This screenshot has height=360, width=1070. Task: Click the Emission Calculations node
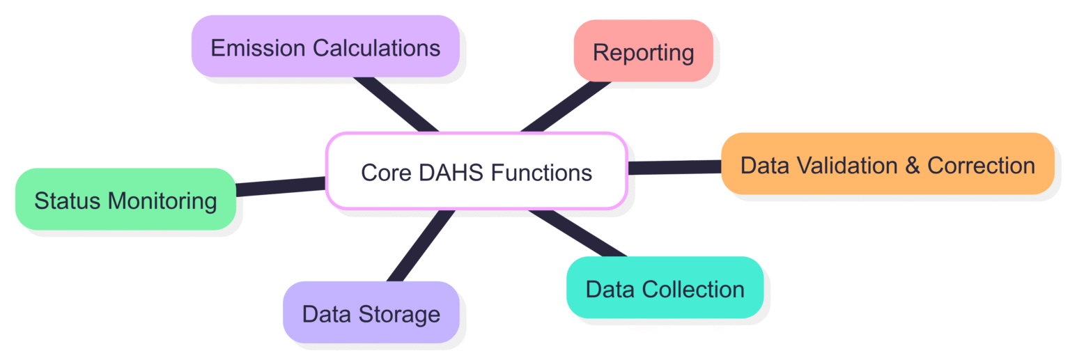pos(325,47)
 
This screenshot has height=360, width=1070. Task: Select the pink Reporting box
pos(643,51)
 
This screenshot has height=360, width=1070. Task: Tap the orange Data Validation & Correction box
pos(887,164)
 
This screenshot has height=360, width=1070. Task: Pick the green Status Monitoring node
pos(125,200)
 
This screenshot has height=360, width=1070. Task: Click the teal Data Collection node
pos(665,288)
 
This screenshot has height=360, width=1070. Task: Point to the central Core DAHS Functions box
pos(476,171)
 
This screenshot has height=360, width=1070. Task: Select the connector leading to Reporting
pos(566,106)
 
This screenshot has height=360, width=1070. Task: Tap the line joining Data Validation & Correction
pos(674,167)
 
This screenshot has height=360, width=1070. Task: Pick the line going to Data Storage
pos(420,245)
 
